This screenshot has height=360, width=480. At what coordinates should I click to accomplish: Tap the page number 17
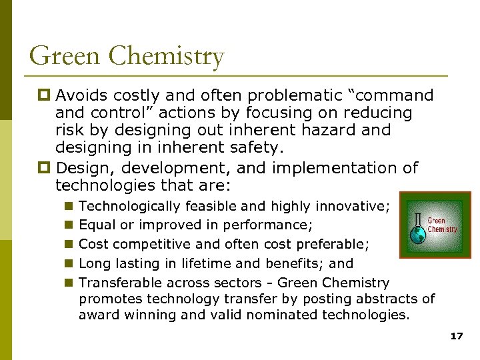(457, 337)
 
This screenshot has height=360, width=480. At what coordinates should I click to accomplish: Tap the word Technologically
(129, 207)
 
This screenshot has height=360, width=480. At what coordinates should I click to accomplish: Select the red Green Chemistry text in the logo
(441, 225)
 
